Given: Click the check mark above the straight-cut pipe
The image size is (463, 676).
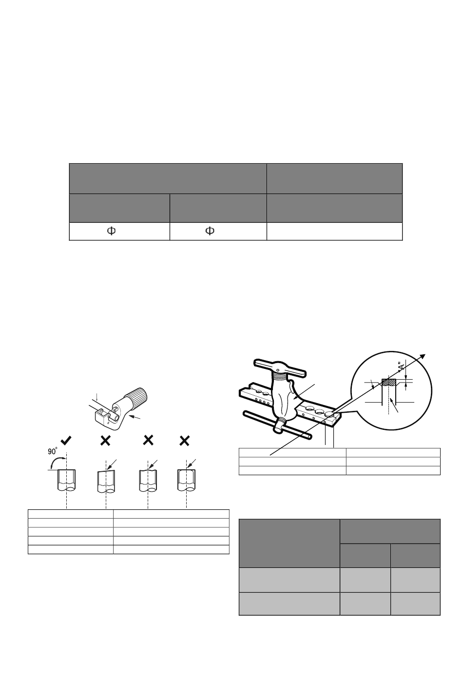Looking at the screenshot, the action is [x=66, y=441].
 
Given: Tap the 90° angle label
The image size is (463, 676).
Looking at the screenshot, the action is [x=52, y=451].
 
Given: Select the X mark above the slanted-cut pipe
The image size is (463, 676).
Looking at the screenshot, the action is [x=105, y=441].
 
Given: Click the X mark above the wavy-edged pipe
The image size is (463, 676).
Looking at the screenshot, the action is [x=148, y=441].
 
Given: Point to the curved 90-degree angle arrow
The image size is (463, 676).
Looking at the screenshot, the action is [x=56, y=461].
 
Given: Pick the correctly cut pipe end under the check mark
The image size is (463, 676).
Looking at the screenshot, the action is [x=66, y=480].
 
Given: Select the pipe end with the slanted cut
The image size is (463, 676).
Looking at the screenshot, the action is [x=106, y=482].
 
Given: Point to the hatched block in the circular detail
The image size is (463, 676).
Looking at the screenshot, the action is [x=389, y=382].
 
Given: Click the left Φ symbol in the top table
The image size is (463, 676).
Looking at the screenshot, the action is [x=112, y=231].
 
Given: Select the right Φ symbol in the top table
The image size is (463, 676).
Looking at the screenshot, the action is [x=210, y=231].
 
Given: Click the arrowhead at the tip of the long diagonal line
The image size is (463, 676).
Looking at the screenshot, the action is [x=423, y=356].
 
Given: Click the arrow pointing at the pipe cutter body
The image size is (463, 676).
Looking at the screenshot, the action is [x=135, y=417].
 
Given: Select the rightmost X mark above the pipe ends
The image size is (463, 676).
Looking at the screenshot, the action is [x=184, y=441].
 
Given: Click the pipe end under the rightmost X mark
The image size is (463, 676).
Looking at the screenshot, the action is [x=187, y=480].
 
